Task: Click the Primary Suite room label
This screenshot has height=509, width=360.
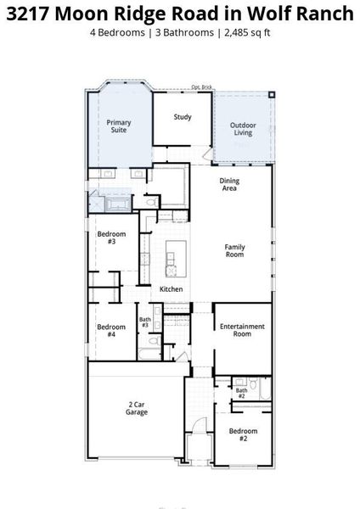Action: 119,126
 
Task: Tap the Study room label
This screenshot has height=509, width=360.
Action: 182,117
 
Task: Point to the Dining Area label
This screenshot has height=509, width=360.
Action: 228,184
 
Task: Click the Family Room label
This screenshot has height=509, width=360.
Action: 234,250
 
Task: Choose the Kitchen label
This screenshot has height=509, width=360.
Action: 172,289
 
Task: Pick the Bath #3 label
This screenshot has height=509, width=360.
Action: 145,322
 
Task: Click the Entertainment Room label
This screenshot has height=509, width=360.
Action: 242,330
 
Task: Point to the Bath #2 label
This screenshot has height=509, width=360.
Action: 241,393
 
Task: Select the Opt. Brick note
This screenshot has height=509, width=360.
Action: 200,87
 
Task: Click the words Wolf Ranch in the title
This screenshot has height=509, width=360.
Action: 309,14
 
